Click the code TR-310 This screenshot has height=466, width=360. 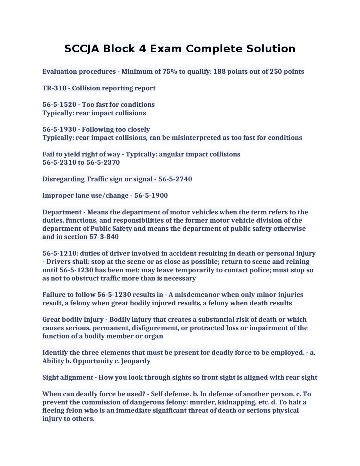tap(54, 88)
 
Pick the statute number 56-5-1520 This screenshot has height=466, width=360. tap(59, 104)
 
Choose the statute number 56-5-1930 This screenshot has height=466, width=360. tap(59, 129)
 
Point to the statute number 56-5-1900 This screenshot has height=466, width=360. tap(151, 196)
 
